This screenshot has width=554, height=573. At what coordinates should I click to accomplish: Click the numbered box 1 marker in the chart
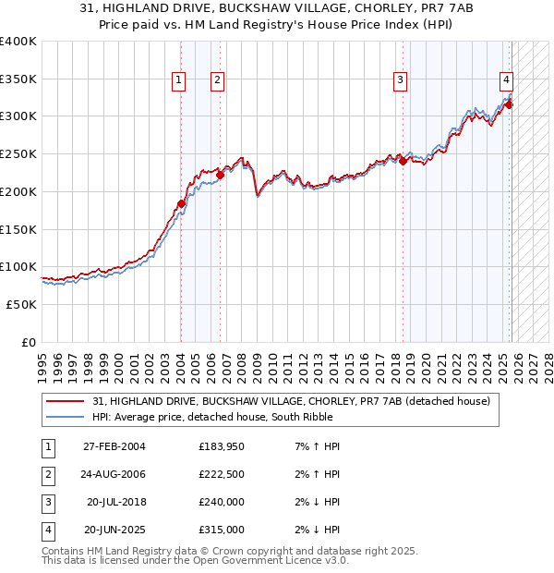click(178, 80)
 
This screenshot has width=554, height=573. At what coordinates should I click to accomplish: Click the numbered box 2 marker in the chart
click(217, 80)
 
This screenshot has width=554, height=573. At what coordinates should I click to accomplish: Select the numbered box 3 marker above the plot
click(400, 80)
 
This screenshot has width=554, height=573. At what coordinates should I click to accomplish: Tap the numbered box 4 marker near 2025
click(507, 80)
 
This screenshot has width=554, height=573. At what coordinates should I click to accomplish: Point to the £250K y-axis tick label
click(18, 153)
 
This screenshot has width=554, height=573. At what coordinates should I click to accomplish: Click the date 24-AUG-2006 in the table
click(114, 474)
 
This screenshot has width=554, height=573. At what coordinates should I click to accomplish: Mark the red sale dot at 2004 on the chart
click(181, 203)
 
